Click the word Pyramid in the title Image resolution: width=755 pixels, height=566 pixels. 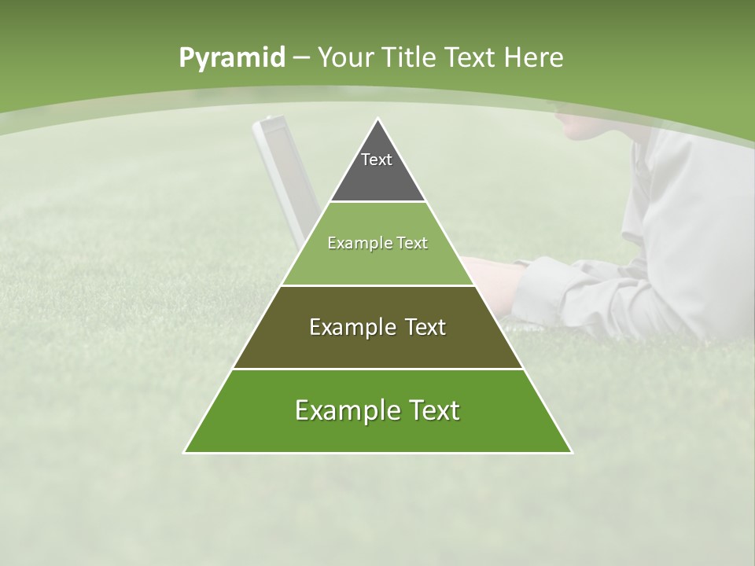point(231,58)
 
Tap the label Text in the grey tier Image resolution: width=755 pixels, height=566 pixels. point(377,160)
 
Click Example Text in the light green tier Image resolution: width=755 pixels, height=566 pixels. point(377,243)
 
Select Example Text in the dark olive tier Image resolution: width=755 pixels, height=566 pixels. point(377,327)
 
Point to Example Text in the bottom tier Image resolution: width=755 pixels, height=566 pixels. point(377,410)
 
